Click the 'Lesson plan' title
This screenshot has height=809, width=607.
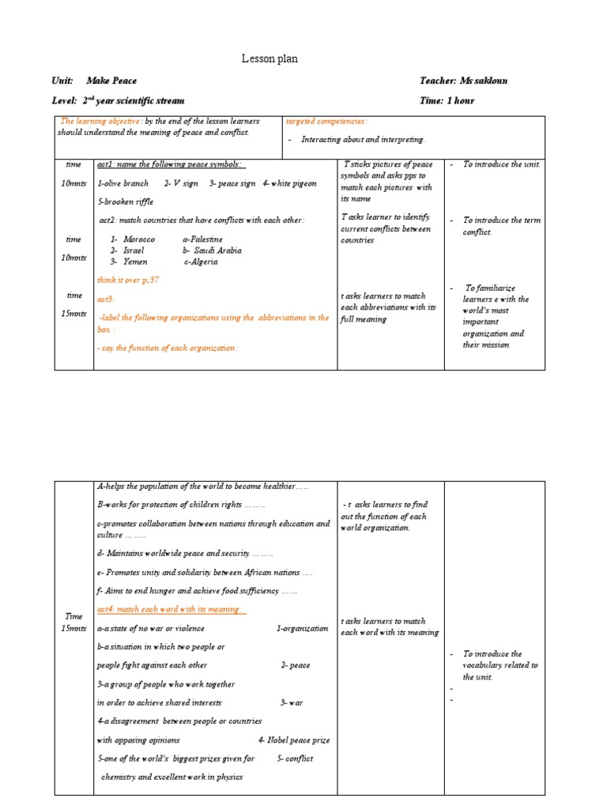(x=270, y=58)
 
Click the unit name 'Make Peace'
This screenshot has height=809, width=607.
(x=117, y=81)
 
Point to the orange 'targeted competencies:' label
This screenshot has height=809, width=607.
(x=326, y=121)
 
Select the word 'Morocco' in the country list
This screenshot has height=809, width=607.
(x=139, y=239)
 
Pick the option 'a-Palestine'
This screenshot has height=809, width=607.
(x=202, y=239)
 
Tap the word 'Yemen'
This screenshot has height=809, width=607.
(x=136, y=261)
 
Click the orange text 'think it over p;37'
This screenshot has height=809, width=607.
(x=128, y=280)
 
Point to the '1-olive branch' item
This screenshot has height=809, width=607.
(x=123, y=183)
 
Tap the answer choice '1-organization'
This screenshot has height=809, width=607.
(x=302, y=628)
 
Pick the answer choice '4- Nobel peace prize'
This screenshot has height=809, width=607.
(x=294, y=740)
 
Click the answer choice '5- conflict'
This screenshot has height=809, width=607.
(x=295, y=758)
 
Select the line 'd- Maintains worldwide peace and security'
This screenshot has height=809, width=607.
(x=184, y=553)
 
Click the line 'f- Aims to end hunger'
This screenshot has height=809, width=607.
(x=196, y=590)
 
